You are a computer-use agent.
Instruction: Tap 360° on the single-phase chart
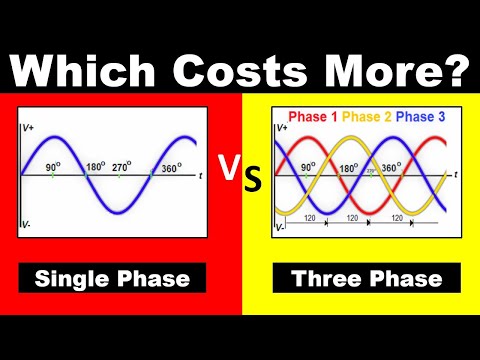point(171,167)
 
